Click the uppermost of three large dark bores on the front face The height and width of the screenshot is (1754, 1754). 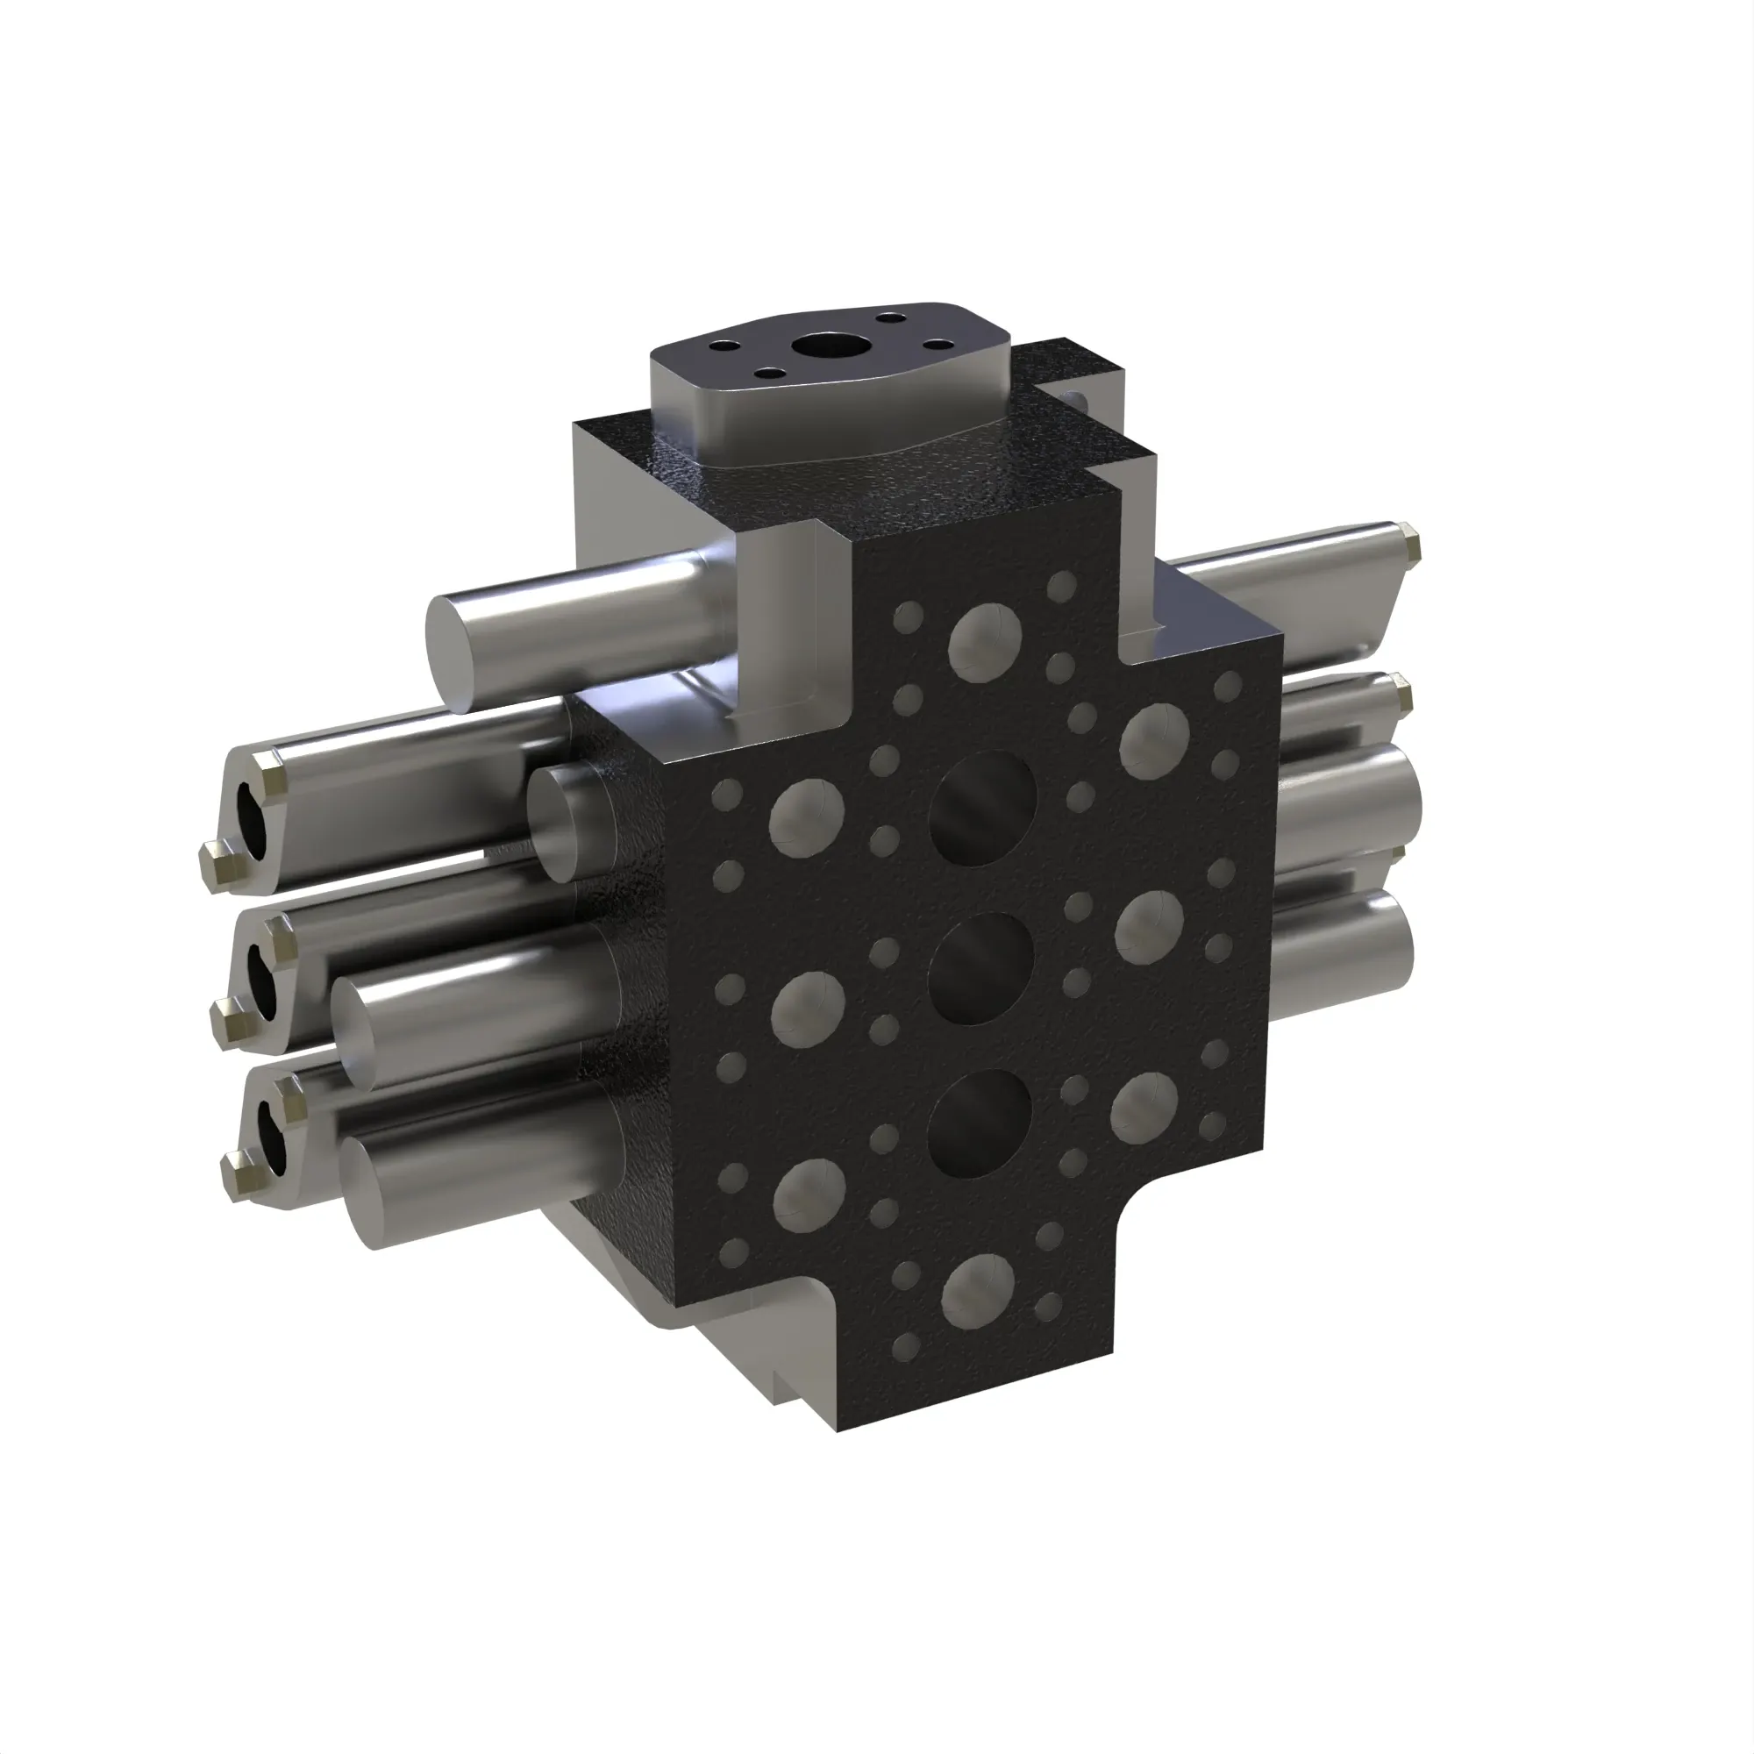pyautogui.click(x=982, y=807)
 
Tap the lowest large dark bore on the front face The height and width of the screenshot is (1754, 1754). pyautogui.click(x=979, y=1123)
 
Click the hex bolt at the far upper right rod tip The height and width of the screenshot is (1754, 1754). pyautogui.click(x=1410, y=545)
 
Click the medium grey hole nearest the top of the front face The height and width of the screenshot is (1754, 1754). pyautogui.click(x=984, y=641)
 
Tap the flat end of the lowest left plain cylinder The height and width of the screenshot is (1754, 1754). pyautogui.click(x=368, y=1191)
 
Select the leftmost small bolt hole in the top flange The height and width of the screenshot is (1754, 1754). pyautogui.click(x=724, y=346)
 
